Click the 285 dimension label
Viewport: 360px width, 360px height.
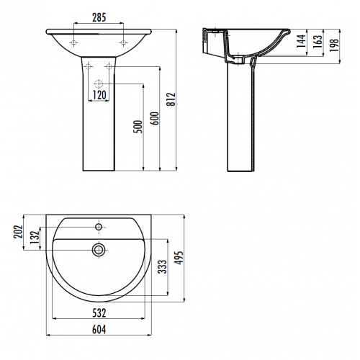click(x=99, y=17)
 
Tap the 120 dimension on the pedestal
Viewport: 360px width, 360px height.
click(x=99, y=95)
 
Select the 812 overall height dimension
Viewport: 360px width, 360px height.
click(x=171, y=99)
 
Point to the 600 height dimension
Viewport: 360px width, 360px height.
click(x=155, y=118)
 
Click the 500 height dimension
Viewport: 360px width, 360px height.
click(x=138, y=127)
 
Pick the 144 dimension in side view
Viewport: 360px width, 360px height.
click(x=301, y=41)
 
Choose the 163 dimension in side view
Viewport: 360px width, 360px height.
click(x=318, y=41)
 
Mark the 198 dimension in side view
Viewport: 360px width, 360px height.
click(x=334, y=45)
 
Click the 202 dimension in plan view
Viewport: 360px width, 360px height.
click(x=18, y=232)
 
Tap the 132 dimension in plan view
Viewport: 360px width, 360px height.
click(x=35, y=237)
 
